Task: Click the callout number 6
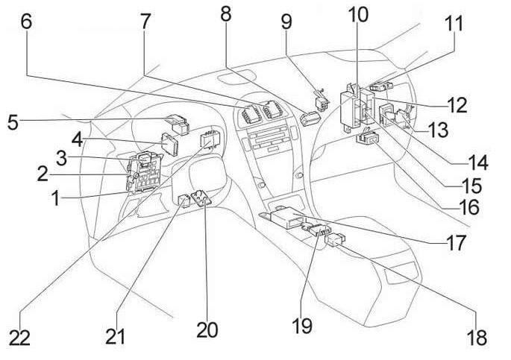coord(26,22)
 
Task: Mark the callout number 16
coord(468,208)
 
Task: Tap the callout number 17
coord(457,242)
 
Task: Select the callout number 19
coord(301,326)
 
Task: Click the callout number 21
coord(115,335)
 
